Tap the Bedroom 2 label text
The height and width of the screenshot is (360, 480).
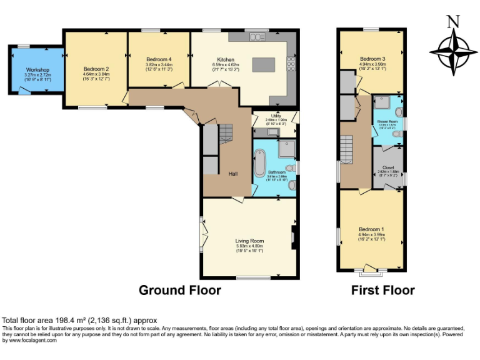tap(96, 69)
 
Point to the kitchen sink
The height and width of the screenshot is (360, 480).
tap(257, 37)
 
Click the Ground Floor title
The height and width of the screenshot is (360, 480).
tap(179, 290)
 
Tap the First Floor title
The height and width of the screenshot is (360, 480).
tap(382, 290)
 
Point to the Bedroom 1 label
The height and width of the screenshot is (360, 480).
tap(371, 229)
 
